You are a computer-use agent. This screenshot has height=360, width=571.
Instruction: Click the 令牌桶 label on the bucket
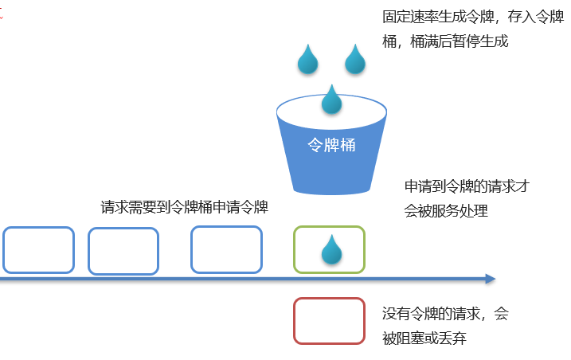331,146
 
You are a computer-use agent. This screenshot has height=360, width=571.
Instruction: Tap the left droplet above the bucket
308,60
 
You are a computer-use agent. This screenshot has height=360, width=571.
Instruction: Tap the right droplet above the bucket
355,60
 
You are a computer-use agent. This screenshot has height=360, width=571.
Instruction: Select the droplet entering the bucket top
331,100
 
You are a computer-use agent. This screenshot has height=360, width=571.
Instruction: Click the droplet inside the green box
331,250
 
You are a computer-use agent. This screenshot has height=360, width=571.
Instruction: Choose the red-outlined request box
329,321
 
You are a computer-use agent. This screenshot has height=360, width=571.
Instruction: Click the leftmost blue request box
38,250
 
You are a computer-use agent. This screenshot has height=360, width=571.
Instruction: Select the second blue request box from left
123,251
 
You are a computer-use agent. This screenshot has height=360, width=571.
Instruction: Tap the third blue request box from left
226,249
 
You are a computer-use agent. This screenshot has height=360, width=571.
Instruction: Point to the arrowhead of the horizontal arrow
490,279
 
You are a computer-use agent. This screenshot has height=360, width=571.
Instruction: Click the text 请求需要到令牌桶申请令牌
184,207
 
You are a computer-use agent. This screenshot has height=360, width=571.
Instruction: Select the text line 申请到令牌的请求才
467,186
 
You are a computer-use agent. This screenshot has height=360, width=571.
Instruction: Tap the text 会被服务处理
446,211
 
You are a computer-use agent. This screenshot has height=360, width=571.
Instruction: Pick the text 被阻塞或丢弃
424,338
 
